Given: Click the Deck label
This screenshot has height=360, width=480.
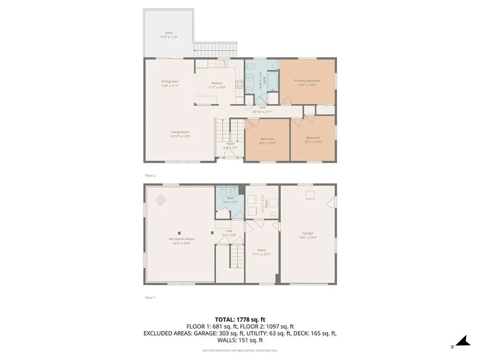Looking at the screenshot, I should point(169,33).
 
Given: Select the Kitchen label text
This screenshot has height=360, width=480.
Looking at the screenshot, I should point(217,83).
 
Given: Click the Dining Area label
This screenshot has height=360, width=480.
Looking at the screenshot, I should point(170,81).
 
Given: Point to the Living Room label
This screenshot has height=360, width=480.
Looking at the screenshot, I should point(180,132).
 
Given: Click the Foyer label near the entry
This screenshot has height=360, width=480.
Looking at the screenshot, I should point(230,143).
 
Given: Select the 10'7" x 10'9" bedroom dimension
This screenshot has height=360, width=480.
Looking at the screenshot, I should point(313,142).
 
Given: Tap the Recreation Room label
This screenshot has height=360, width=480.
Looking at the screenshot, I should point(181,239).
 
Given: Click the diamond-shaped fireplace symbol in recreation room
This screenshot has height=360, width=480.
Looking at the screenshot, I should point(160,200).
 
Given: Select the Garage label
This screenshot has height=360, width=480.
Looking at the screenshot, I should point(307,233).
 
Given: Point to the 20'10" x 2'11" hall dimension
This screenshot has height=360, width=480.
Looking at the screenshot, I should point(262,112).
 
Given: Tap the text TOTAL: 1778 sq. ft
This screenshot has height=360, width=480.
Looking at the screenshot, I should point(240,320).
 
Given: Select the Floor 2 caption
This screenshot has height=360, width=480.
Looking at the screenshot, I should point(150,175).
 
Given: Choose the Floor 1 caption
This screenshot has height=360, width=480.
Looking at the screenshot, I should point(150,297).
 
